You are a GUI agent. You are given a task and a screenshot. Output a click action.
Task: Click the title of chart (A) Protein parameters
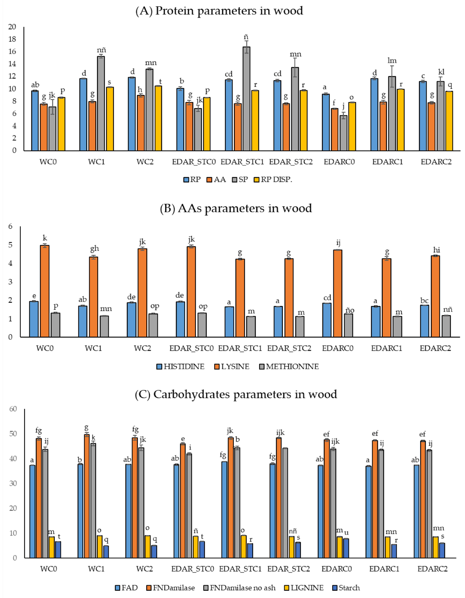219,11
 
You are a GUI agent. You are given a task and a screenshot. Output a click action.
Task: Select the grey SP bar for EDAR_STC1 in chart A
246,99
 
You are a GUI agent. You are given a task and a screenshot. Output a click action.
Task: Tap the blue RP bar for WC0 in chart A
35,121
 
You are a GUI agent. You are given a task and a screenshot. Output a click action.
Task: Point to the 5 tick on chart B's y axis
10,245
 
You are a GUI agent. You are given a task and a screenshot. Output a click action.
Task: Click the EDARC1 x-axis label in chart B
386,348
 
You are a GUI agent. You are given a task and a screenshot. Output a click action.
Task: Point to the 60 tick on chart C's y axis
13,409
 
